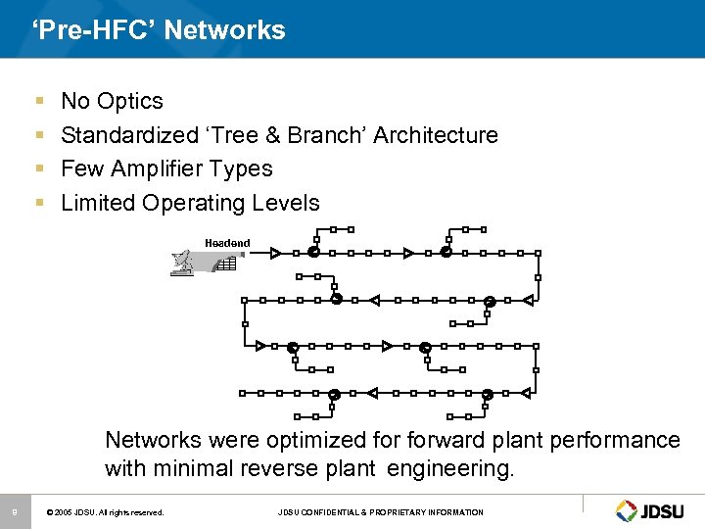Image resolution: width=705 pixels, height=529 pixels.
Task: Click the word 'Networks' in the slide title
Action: coord(224,30)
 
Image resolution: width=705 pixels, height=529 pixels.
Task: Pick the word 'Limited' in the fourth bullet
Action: coord(98,203)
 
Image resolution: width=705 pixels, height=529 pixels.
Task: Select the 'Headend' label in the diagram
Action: coord(227,243)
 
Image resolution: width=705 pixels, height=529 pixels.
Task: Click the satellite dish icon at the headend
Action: coord(183,263)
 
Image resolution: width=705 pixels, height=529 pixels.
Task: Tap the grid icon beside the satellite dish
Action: coord(226,264)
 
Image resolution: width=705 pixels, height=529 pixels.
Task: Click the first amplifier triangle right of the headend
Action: coord(276,253)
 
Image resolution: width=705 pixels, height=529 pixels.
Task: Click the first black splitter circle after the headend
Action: coord(313,253)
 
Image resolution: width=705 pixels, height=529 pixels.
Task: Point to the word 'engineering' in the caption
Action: coord(449,468)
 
